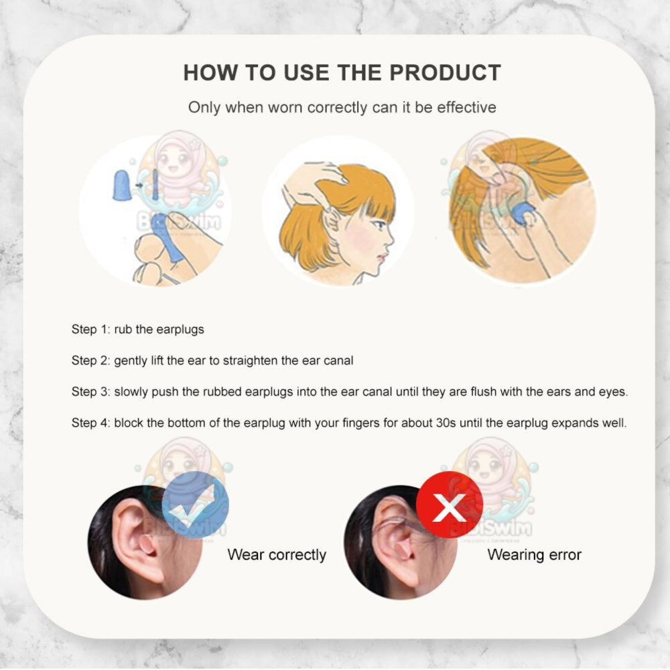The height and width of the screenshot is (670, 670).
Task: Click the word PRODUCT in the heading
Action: [445, 72]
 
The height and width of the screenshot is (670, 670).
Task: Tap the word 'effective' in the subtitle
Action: [466, 107]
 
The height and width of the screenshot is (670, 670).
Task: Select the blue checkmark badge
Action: [195, 505]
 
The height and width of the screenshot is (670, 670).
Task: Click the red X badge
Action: [450, 505]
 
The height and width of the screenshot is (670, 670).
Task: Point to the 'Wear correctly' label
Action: [277, 555]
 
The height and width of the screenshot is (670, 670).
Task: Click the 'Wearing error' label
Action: [534, 555]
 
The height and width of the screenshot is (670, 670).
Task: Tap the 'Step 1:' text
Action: [91, 329]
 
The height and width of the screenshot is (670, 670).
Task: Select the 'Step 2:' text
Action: [91, 360]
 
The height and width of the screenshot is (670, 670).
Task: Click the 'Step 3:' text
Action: [91, 391]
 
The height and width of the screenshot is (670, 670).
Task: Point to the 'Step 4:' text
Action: [91, 423]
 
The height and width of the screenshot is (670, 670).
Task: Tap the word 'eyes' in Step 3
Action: [613, 392]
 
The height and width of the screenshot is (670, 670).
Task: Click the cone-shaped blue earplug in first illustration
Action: [120, 185]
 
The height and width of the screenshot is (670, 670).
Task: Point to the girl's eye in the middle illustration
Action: [379, 224]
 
